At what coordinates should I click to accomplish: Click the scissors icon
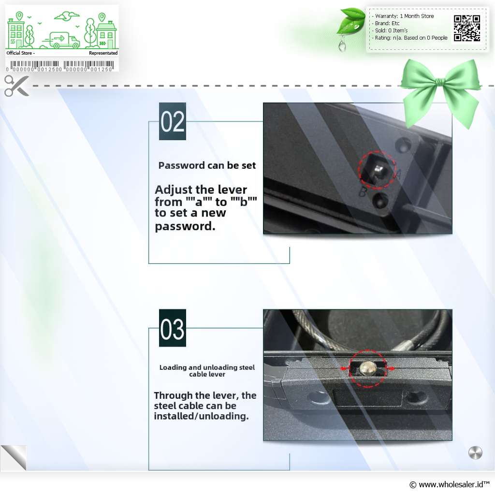[16, 86]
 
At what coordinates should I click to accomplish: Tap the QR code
[467, 28]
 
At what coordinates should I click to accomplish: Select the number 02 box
[173, 121]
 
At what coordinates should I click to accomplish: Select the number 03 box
[173, 328]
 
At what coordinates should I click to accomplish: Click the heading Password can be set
[207, 165]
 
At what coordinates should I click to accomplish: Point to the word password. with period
[185, 226]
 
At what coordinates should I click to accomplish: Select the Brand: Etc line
[386, 23]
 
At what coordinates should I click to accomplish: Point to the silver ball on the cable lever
[367, 368]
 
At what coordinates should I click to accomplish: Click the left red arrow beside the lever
[344, 368]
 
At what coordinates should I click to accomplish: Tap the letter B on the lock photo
[363, 192]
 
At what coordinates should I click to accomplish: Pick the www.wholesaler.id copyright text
[450, 484]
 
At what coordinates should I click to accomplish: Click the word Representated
[103, 53]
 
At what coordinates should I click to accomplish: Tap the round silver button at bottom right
[475, 452]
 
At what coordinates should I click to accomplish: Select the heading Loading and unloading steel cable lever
[207, 371]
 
